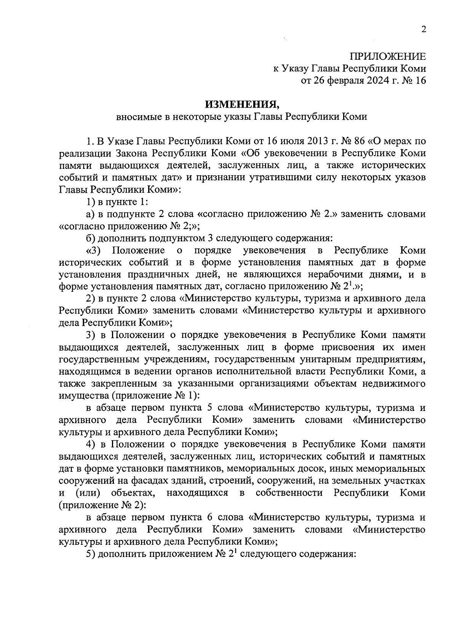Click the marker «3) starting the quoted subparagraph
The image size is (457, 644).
point(93,251)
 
